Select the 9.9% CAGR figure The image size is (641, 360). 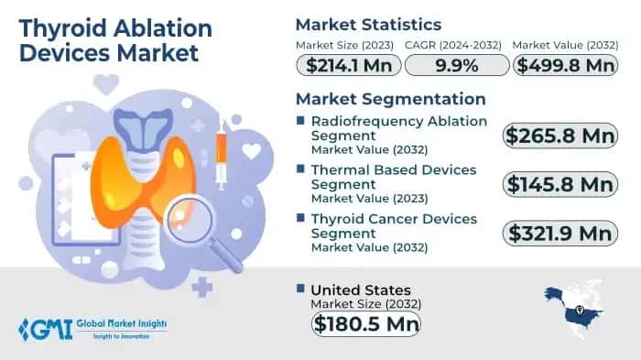(455, 65)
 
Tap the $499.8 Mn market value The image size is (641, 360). (563, 65)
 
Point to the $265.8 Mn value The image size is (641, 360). (560, 136)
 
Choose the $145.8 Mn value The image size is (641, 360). (560, 184)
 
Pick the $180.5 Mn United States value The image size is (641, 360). (365, 322)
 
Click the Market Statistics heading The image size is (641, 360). (367, 24)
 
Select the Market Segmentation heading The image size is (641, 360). (390, 98)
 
